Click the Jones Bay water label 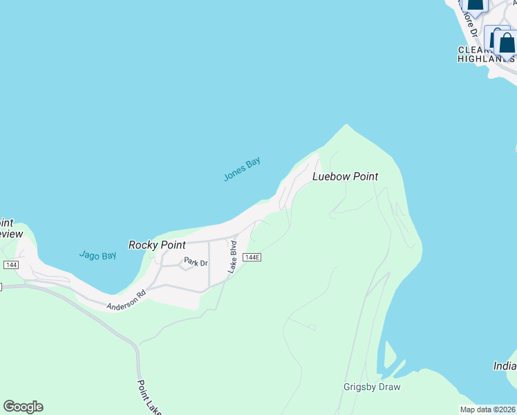[x=242, y=169]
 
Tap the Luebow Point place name [x=345, y=176]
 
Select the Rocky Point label [x=157, y=245]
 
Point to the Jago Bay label [x=97, y=255]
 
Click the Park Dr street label [x=195, y=262]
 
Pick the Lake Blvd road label [x=233, y=257]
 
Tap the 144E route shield [x=252, y=257]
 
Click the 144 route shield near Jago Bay [x=10, y=265]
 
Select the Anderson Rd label [x=126, y=299]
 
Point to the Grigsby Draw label [x=372, y=387]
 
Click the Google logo [x=23, y=407]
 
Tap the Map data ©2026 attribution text [x=488, y=409]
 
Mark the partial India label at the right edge [x=505, y=365]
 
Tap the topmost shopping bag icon [x=475, y=3]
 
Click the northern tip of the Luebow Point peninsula [x=346, y=126]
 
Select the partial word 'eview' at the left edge [x=10, y=234]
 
